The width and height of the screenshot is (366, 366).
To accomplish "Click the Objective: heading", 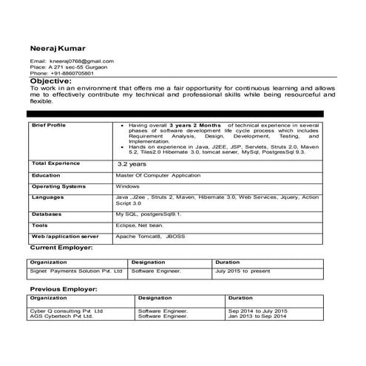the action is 55,81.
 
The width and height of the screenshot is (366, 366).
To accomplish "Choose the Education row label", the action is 47,175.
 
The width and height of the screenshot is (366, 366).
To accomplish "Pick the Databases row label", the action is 47,213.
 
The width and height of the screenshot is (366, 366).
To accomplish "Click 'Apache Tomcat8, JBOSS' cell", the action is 150,236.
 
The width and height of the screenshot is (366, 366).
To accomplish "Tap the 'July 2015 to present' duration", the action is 243,271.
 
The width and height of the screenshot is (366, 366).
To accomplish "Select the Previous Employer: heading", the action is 64,289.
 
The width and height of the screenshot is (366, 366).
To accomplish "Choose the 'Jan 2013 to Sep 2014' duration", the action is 257,316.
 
